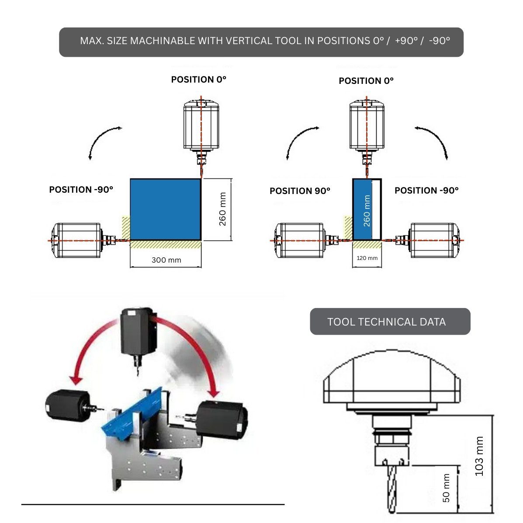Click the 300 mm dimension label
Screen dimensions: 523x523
166,260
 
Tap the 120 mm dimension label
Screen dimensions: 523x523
367,258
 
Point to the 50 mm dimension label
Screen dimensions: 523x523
446,488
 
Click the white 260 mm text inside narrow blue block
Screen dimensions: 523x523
367,211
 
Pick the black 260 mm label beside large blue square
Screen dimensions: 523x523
222,209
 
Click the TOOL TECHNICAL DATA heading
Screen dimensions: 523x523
386,322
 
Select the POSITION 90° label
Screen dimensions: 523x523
300,191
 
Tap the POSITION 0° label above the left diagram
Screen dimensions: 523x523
199,80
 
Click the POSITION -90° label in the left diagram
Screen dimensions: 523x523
81,190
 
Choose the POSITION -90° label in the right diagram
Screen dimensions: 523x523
426,190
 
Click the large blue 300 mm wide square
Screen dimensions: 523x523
165,209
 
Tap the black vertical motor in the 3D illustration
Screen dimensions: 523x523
137,328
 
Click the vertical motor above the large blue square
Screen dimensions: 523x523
201,127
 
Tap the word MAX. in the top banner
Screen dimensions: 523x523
91,41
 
